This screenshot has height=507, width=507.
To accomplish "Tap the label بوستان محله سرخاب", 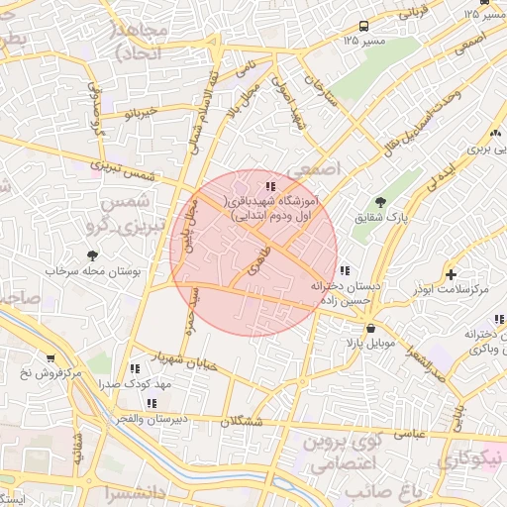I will [97, 270].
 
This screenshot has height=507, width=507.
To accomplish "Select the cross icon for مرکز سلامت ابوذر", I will [452, 273].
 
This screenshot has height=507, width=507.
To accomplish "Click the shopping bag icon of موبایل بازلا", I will [370, 329].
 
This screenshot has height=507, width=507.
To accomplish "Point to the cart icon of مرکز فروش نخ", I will [51, 358].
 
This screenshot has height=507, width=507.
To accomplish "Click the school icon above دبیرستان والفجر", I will [152, 403].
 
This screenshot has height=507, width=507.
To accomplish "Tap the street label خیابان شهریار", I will [181, 357].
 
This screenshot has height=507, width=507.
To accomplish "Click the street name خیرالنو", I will [140, 114].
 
